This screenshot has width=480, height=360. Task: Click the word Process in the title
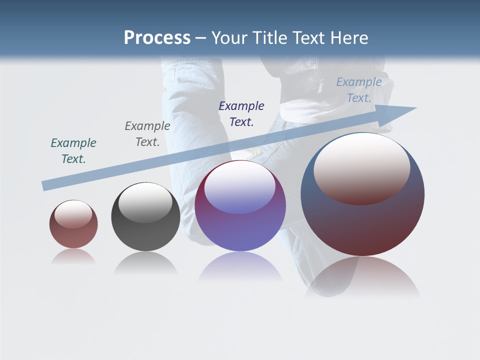(157, 38)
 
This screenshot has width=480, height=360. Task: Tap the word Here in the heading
(349, 38)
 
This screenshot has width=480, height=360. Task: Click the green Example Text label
(73, 150)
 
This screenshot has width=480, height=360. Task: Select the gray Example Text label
(147, 133)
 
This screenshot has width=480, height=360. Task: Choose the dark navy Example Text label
(241, 113)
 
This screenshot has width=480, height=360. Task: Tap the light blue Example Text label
(359, 90)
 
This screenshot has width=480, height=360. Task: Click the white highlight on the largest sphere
(361, 167)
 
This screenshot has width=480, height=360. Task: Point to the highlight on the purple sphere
(240, 187)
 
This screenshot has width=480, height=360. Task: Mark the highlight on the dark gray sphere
(145, 202)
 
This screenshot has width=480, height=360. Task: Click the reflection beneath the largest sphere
(362, 277)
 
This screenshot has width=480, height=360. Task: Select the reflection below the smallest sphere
(73, 256)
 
